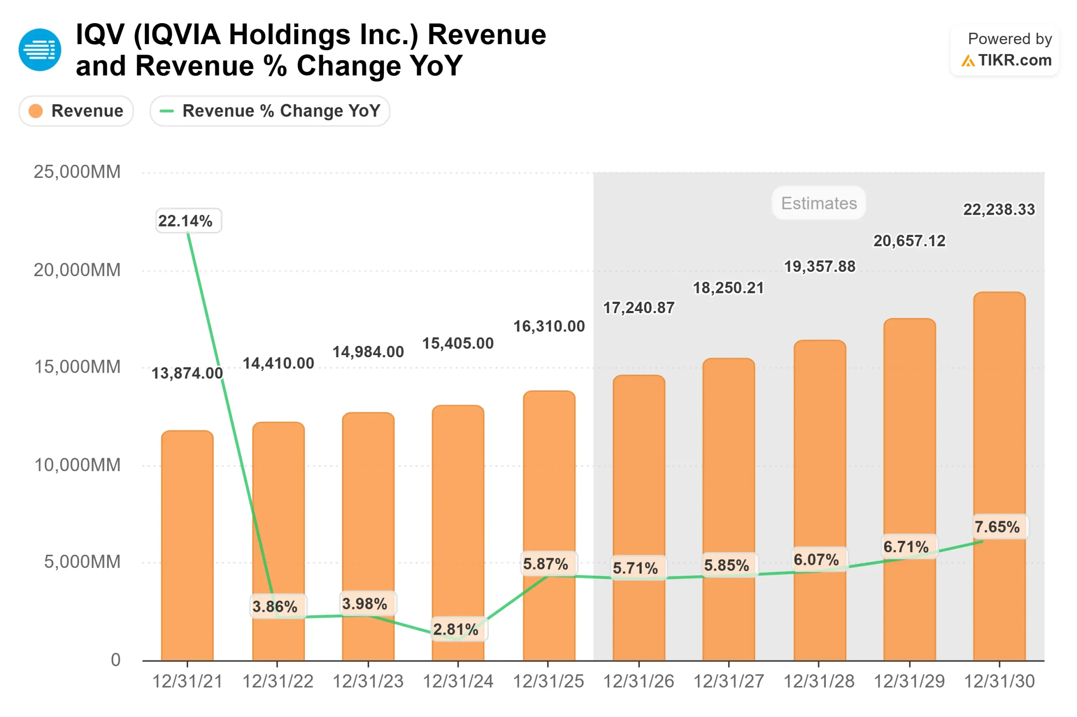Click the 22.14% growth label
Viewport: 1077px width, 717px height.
[188, 221]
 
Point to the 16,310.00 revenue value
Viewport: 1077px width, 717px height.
[549, 327]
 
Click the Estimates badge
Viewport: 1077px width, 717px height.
[818, 203]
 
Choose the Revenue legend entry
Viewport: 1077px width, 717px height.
[76, 111]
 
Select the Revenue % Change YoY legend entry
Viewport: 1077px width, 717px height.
[270, 111]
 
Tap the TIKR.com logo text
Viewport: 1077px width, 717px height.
[1014, 61]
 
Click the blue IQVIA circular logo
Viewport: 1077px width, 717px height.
[40, 50]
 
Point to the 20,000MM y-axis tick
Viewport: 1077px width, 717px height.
[77, 270]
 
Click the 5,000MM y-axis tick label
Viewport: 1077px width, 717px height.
[82, 561]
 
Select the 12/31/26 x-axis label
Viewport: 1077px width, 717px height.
[638, 681]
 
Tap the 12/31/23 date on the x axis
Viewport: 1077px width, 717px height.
[368, 681]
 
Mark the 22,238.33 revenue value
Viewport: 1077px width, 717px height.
[999, 210]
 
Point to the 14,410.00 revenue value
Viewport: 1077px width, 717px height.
[278, 364]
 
